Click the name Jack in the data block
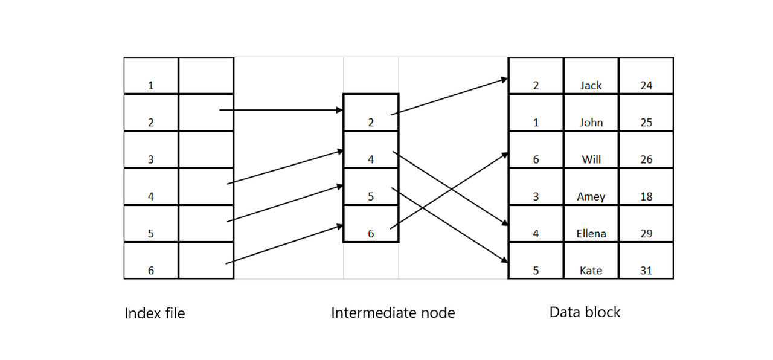coord(591,86)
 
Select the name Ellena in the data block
coord(591,234)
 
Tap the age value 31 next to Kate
coord(646,271)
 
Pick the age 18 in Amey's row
coord(646,197)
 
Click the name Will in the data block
coord(591,160)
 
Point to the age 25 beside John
coord(646,123)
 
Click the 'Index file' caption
coord(155,313)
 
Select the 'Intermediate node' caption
coord(393,313)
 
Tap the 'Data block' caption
coord(585,312)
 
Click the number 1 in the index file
coord(151,86)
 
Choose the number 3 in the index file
coord(151,160)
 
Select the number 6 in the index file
coord(151,271)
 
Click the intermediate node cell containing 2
coord(371,113)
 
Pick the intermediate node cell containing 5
coord(371,187)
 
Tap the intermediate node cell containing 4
coord(371,150)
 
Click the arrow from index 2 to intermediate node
coord(281,110)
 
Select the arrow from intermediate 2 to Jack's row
coord(449,96)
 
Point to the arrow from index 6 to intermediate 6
coord(284,245)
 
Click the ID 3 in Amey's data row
coord(536,197)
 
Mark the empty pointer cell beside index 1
coord(206,76)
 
